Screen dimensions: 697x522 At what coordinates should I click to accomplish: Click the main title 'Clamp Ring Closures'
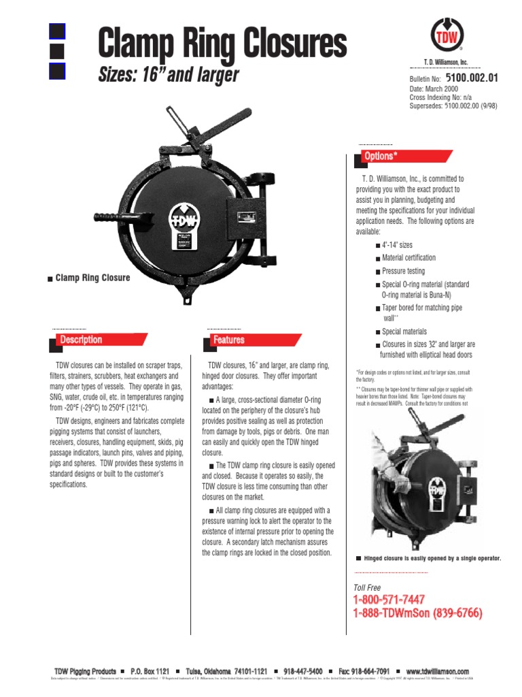pyautogui.click(x=222, y=44)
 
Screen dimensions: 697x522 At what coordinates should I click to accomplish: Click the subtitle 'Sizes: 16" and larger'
pyautogui.click(x=169, y=74)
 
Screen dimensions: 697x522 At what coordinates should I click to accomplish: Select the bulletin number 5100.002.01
pyautogui.click(x=472, y=78)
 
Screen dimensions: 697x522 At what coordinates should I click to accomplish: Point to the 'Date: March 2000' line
pyautogui.click(x=434, y=89)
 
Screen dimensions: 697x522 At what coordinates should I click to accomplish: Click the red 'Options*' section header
pyautogui.click(x=379, y=157)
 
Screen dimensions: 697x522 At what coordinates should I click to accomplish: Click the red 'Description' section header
pyautogui.click(x=81, y=340)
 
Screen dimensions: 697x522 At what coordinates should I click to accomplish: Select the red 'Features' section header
pyautogui.click(x=228, y=340)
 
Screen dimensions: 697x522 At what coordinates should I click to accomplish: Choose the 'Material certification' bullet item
pyautogui.click(x=408, y=258)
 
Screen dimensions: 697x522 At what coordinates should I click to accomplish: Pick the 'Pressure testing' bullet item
pyautogui.click(x=403, y=271)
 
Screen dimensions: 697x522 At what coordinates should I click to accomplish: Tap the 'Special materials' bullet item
pyautogui.click(x=404, y=331)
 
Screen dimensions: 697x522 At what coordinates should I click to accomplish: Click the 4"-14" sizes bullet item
pyautogui.click(x=397, y=245)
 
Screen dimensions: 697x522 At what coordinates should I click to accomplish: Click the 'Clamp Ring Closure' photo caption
pyautogui.click(x=92, y=278)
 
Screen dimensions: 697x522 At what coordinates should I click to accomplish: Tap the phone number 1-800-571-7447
pyautogui.click(x=389, y=600)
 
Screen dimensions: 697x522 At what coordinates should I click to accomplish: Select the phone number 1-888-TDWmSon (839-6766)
pyautogui.click(x=417, y=613)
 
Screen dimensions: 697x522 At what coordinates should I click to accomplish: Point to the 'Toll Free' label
pyautogui.click(x=367, y=587)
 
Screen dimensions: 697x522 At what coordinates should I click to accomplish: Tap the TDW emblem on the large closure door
pyautogui.click(x=185, y=219)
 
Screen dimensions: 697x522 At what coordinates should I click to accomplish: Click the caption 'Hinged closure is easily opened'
pyautogui.click(x=432, y=558)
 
